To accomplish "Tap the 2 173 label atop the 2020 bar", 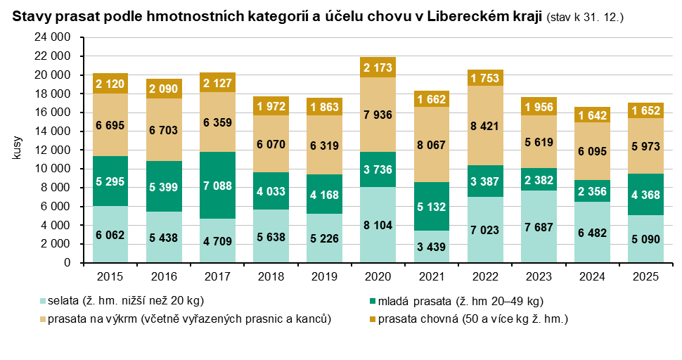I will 377,67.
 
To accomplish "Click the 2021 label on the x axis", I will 430,276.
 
